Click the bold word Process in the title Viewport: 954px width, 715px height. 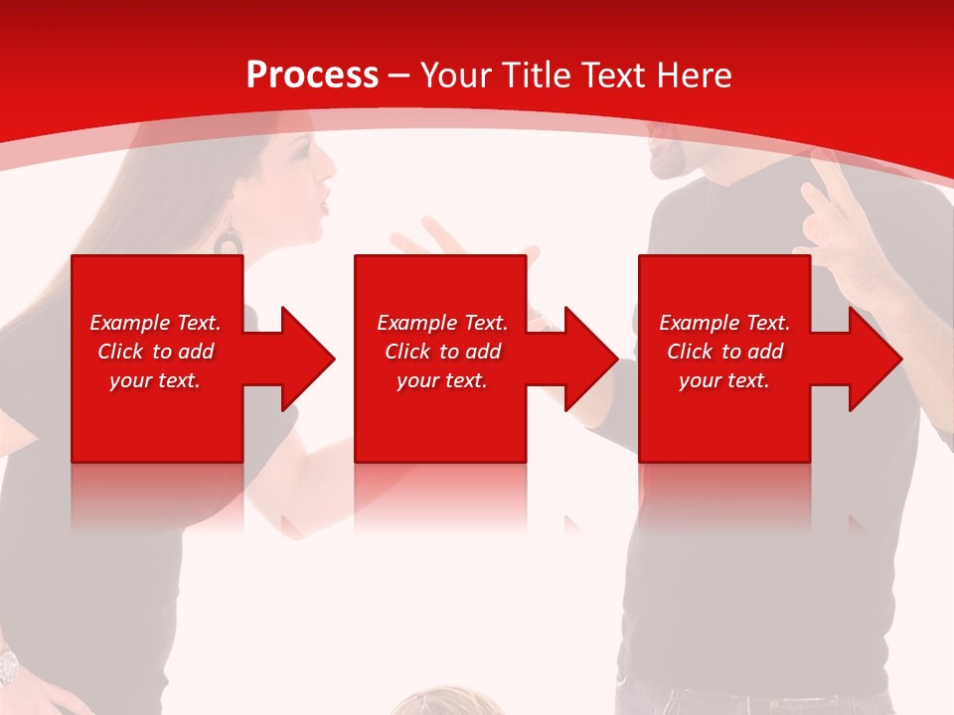(x=312, y=74)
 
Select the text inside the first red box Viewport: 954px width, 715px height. (x=155, y=352)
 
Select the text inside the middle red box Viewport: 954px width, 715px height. (x=442, y=352)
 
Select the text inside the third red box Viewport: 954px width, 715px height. (x=724, y=352)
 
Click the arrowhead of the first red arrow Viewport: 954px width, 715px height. (x=308, y=358)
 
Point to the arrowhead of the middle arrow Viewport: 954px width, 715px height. (x=591, y=358)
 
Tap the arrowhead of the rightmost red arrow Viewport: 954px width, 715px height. (x=875, y=358)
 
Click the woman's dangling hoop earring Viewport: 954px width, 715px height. (x=230, y=240)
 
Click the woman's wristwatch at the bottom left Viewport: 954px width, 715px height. (x=7, y=660)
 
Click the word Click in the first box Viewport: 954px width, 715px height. (x=122, y=352)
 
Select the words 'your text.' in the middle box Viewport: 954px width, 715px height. (x=442, y=380)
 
